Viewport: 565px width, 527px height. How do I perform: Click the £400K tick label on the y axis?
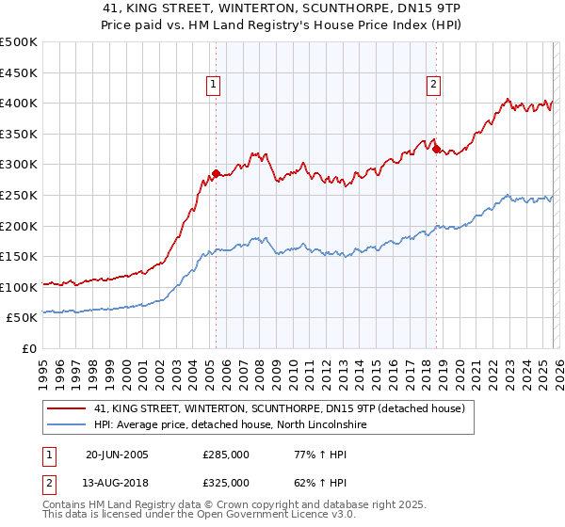19,103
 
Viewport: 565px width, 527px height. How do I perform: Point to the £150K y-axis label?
19,256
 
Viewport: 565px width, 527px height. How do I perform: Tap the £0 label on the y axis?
28,348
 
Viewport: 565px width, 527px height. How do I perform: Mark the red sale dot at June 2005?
216,173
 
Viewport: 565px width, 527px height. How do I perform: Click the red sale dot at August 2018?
436,149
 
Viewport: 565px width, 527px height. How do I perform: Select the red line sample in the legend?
67,409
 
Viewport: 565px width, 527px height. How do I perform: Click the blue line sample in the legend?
67,425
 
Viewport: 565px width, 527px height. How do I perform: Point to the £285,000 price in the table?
226,455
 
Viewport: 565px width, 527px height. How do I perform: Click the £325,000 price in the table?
226,481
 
